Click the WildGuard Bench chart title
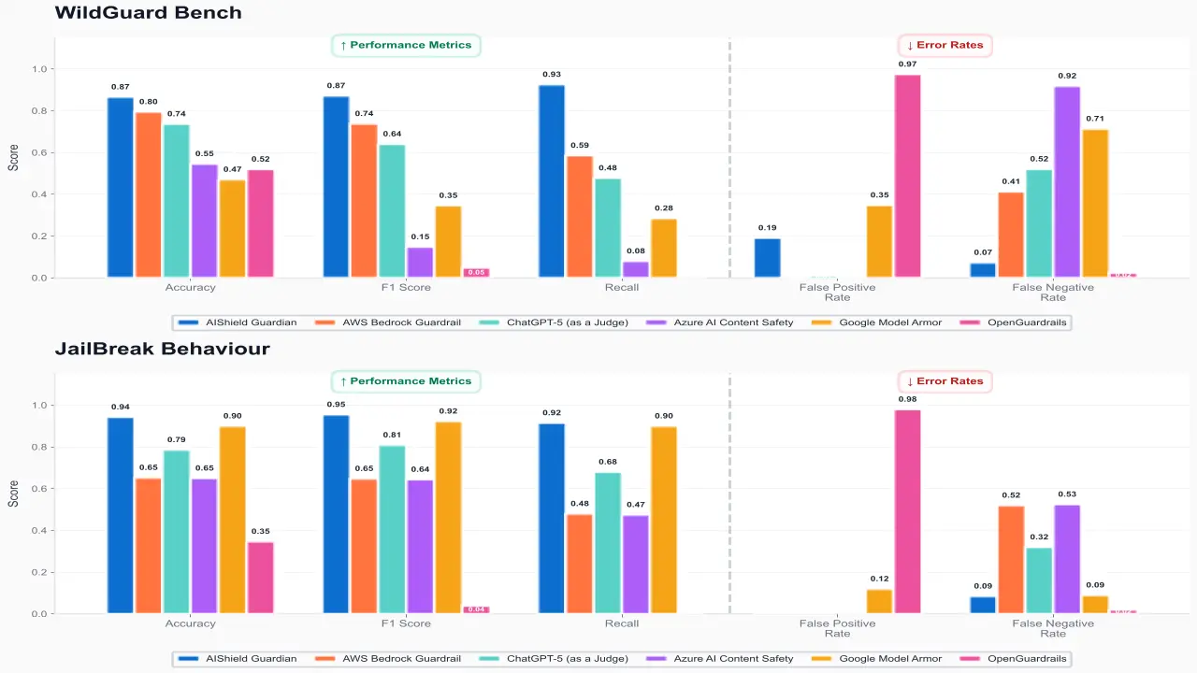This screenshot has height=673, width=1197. click(148, 13)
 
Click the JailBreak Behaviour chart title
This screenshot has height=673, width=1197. click(162, 349)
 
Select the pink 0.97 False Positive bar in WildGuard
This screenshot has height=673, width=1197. click(907, 176)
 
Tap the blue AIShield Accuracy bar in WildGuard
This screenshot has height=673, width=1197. click(121, 187)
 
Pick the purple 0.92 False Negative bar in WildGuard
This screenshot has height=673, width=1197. click(1067, 182)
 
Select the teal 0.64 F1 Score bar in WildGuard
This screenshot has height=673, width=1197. click(393, 211)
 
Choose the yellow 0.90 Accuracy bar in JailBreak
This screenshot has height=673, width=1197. click(233, 520)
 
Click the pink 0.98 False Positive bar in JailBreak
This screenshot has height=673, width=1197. click(907, 511)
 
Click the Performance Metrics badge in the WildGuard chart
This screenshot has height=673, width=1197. click(406, 45)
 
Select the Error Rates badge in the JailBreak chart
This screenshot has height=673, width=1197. click(945, 381)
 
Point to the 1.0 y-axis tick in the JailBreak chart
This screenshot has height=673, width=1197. click(39, 406)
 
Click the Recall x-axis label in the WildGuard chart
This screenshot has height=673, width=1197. click(622, 288)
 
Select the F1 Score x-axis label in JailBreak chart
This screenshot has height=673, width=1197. click(406, 623)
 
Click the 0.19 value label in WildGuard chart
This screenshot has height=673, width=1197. click(767, 228)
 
